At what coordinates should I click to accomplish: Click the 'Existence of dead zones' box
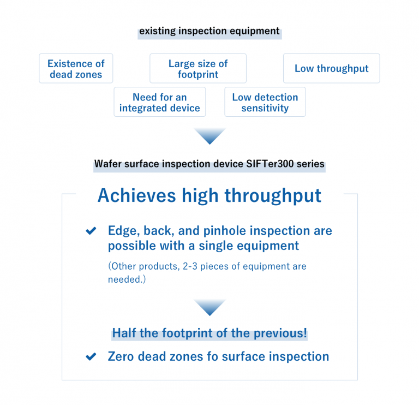(x=76, y=69)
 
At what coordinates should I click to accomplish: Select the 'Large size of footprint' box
(x=197, y=69)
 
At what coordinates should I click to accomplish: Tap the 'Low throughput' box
(x=331, y=69)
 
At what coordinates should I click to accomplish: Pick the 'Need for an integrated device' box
(x=159, y=103)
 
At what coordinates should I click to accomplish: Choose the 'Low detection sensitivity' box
(x=265, y=103)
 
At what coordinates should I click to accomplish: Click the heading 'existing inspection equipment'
(x=209, y=31)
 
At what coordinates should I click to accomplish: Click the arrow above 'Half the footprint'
(x=209, y=307)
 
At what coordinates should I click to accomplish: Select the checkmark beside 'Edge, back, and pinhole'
(x=91, y=231)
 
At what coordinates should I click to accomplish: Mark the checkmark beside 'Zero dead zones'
(x=91, y=357)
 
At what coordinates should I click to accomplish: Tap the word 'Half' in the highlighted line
(x=125, y=333)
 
